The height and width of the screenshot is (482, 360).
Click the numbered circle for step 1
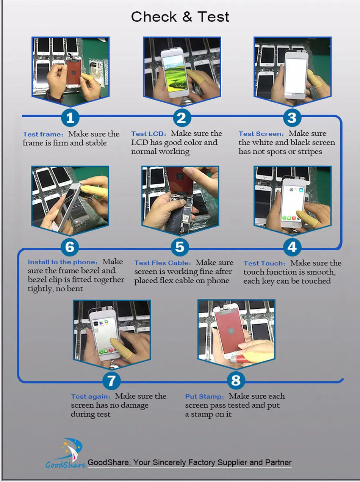coord(70,118)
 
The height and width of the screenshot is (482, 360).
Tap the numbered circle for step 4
coord(292,247)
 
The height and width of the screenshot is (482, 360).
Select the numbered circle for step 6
coord(70,247)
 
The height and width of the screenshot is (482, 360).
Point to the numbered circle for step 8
coord(236,380)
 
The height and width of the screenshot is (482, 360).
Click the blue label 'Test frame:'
coord(43,134)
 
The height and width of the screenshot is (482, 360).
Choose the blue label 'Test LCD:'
coord(149,134)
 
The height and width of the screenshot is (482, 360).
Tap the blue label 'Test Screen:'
coord(261,134)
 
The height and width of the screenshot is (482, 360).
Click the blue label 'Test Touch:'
coord(265,263)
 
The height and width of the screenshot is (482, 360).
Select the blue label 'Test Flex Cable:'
coord(163,263)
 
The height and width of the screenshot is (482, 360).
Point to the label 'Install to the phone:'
coord(63,262)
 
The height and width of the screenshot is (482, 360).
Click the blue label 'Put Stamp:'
coord(205,396)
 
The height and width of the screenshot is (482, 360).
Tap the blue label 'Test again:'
coord(91,396)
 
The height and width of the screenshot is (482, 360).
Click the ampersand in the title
coord(187,17)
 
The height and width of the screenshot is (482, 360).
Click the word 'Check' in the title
coord(154,17)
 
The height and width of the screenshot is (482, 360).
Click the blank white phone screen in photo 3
coord(295,76)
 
